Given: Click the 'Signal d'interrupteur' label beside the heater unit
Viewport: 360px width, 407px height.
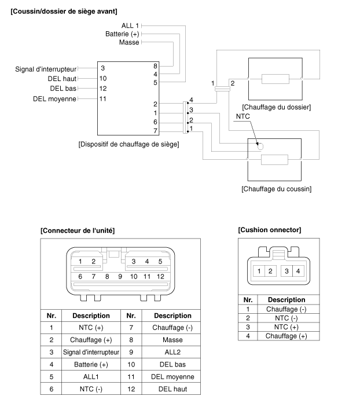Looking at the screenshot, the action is click(x=46, y=69).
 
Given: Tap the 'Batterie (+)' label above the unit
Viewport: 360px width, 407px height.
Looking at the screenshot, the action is click(x=122, y=34).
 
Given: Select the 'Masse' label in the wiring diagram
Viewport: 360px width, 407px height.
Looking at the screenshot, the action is click(x=129, y=42).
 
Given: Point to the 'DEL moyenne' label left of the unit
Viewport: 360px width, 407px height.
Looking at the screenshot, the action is click(x=54, y=99).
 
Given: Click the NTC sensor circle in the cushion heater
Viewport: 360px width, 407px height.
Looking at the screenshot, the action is click(x=260, y=146).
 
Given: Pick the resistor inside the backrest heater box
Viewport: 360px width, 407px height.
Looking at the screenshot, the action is click(x=275, y=79).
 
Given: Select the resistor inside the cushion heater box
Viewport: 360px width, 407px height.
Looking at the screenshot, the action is click(x=274, y=160).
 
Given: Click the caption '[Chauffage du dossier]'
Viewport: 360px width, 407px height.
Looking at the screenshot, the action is click(x=277, y=107).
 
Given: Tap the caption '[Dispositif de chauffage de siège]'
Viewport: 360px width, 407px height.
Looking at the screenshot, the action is click(x=128, y=144).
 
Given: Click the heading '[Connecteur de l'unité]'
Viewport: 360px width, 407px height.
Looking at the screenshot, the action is click(x=78, y=230).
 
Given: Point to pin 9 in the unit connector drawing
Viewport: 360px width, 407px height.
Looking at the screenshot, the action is click(x=120, y=277).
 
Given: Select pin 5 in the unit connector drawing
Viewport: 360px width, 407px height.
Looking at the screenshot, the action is click(x=160, y=261).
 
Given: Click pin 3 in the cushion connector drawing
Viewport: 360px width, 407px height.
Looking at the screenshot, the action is click(x=286, y=272).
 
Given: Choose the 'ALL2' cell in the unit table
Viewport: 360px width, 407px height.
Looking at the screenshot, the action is click(x=172, y=352).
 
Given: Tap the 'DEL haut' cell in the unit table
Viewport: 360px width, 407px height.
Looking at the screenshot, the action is click(x=172, y=389).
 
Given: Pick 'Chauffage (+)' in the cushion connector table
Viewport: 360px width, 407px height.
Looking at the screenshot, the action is click(x=286, y=336).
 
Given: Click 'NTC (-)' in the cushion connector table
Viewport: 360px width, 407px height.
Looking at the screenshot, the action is click(x=286, y=318).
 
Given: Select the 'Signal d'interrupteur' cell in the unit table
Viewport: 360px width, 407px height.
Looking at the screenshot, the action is click(x=91, y=352).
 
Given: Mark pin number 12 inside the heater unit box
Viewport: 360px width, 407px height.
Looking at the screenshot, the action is click(x=103, y=89).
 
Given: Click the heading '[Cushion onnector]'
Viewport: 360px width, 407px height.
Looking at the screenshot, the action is click(x=270, y=230).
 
